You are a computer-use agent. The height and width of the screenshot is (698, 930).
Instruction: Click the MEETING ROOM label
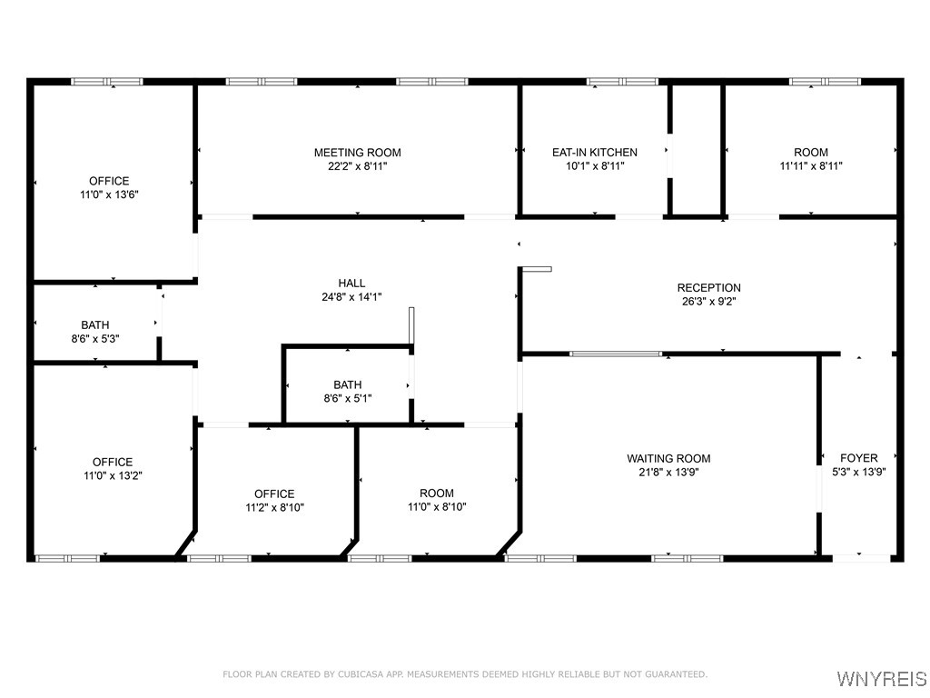pyautogui.click(x=357, y=153)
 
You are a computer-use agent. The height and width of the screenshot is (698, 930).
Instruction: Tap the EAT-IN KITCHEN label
pyautogui.click(x=594, y=153)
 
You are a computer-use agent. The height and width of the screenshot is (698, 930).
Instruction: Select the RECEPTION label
pyautogui.click(x=708, y=288)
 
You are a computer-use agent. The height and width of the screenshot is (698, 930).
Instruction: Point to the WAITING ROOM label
pyautogui.click(x=668, y=458)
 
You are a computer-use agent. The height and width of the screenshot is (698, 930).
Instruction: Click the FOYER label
pyautogui.click(x=859, y=458)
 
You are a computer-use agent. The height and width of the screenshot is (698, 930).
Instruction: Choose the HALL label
pyautogui.click(x=351, y=284)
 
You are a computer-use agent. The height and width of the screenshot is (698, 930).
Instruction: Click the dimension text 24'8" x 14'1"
pyautogui.click(x=351, y=297)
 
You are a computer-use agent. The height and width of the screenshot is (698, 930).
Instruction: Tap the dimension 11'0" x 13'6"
pyautogui.click(x=109, y=194)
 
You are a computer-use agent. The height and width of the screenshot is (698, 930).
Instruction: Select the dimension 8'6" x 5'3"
pyautogui.click(x=95, y=339)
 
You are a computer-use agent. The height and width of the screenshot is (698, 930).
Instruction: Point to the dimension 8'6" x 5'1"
pyautogui.click(x=348, y=398)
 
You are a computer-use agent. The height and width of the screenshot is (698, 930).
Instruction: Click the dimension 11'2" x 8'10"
pyautogui.click(x=274, y=507)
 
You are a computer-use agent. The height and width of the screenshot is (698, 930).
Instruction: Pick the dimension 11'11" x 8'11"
pyautogui.click(x=811, y=166)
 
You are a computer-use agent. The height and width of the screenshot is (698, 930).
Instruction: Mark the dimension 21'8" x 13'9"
pyautogui.click(x=668, y=473)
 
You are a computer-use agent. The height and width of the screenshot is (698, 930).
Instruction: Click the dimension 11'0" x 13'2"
pyautogui.click(x=113, y=475)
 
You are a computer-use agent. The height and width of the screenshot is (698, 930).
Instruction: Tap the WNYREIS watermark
pyautogui.click(x=881, y=678)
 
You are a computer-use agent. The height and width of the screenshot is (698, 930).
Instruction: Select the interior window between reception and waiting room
pyautogui.click(x=616, y=354)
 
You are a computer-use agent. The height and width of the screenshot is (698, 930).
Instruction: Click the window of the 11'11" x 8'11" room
pyautogui.click(x=825, y=81)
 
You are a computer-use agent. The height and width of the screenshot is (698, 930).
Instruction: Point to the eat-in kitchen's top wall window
pyautogui.click(x=622, y=81)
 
